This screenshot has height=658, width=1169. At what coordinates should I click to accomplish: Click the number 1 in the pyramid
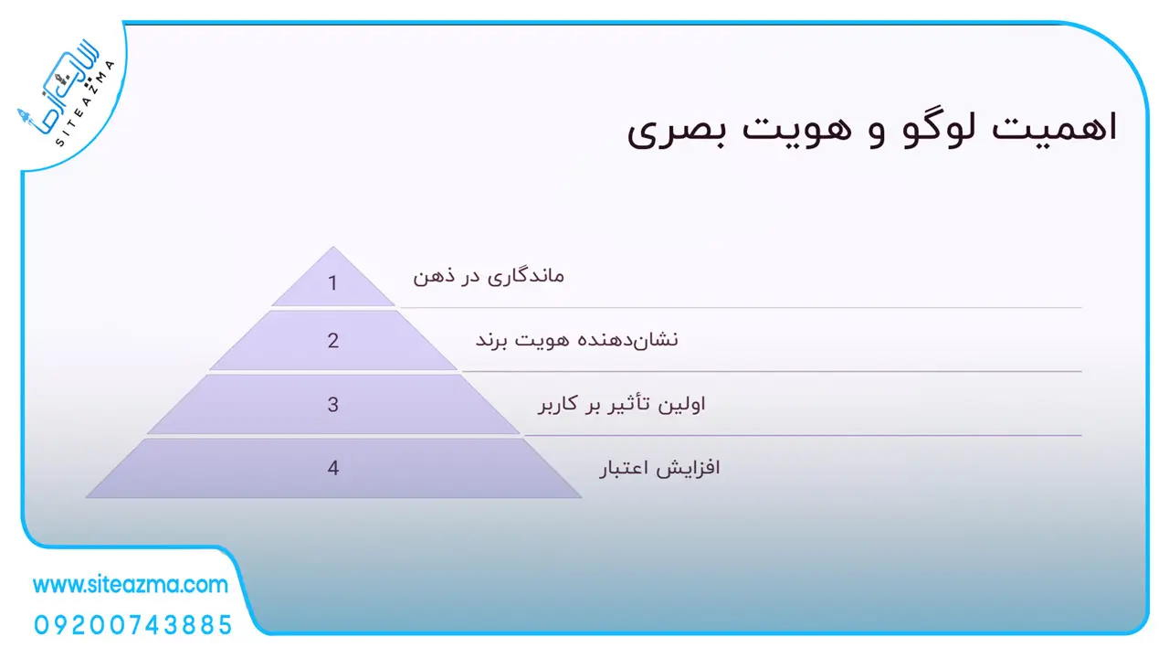pyautogui.click(x=332, y=283)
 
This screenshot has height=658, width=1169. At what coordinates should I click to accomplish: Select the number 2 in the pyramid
pyautogui.click(x=333, y=341)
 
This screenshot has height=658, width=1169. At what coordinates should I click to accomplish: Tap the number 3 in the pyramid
pyautogui.click(x=333, y=404)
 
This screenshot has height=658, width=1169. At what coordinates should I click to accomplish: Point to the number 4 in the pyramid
pyautogui.click(x=333, y=468)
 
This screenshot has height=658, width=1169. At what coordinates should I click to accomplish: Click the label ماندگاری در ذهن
pyautogui.click(x=489, y=276)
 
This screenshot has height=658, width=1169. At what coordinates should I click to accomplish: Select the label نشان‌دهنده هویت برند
pyautogui.click(x=576, y=340)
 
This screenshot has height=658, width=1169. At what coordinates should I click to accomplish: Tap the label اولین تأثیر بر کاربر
pyautogui.click(x=622, y=404)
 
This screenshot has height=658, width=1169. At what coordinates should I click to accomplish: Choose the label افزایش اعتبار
pyautogui.click(x=659, y=468)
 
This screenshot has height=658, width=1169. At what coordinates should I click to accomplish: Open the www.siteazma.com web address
pyautogui.click(x=131, y=584)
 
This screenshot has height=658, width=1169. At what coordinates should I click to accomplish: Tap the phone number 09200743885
pyautogui.click(x=132, y=625)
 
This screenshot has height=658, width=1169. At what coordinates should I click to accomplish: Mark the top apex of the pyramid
pyautogui.click(x=333, y=247)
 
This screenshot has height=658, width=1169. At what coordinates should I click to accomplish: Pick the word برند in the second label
pyautogui.click(x=491, y=341)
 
